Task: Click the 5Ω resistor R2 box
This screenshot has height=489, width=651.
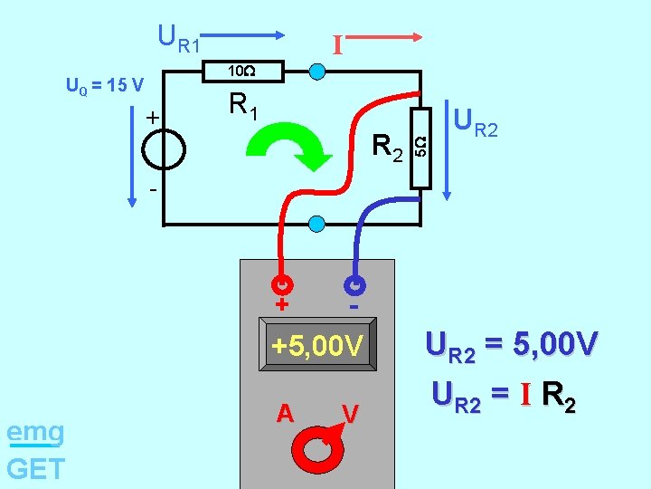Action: [x=420, y=148]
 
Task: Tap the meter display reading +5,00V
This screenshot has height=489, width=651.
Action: [x=317, y=347]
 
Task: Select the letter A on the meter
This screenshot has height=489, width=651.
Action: [x=286, y=413]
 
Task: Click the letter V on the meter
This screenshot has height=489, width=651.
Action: [x=351, y=413]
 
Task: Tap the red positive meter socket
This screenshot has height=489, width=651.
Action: [x=282, y=284]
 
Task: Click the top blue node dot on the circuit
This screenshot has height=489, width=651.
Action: [x=317, y=72]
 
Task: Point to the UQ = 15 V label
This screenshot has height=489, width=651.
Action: [x=105, y=86]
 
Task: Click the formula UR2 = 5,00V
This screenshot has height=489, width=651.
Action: [x=512, y=347]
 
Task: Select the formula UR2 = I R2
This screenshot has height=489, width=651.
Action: [x=505, y=395]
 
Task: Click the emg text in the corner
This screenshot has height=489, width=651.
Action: [x=35, y=433]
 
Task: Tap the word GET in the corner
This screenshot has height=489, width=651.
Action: [x=35, y=468]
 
